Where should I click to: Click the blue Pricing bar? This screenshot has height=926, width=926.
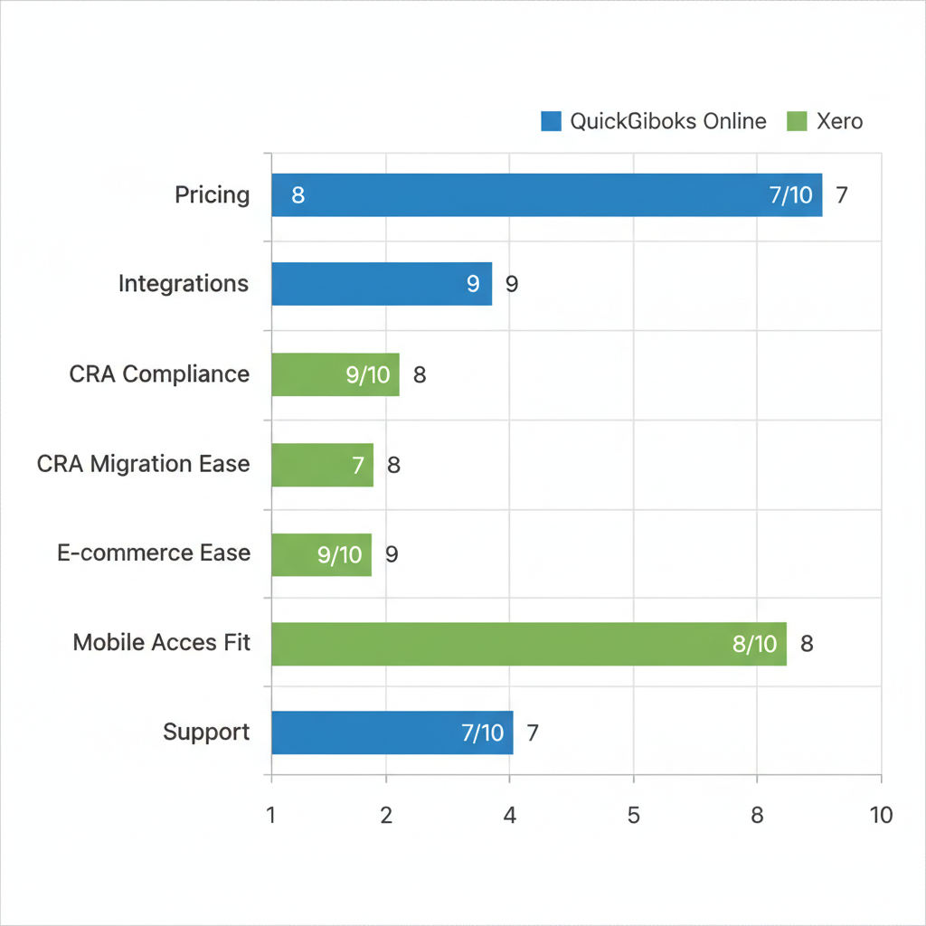[x=546, y=195]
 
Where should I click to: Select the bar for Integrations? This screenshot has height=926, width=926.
[x=381, y=284]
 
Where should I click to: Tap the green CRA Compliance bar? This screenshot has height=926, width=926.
[x=335, y=374]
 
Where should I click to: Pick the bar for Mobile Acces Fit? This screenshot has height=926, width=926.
[x=528, y=644]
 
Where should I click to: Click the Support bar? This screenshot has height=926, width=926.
[x=392, y=732]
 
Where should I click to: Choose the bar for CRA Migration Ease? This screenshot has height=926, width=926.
[x=322, y=465]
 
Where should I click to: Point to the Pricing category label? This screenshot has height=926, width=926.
[x=213, y=195]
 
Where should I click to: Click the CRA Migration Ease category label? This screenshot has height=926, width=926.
[x=143, y=465]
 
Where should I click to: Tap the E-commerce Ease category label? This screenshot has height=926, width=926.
[x=153, y=553]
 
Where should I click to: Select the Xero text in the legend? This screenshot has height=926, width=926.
[x=839, y=121]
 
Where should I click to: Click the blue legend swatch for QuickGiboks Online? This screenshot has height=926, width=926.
[x=551, y=121]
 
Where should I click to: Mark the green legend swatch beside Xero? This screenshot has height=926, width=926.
[x=797, y=121]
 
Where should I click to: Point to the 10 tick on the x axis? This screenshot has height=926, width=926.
[x=881, y=815]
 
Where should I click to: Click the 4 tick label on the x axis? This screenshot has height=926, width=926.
[x=510, y=815]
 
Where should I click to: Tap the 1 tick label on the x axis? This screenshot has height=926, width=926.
[x=270, y=815]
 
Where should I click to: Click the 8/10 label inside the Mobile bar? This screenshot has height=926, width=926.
[x=754, y=644]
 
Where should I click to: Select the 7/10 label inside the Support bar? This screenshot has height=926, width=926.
[x=482, y=732]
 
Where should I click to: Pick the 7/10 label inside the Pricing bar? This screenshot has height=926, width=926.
[x=790, y=195]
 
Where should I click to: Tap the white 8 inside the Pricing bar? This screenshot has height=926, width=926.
[x=298, y=195]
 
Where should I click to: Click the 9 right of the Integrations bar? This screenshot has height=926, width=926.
[x=512, y=284]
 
